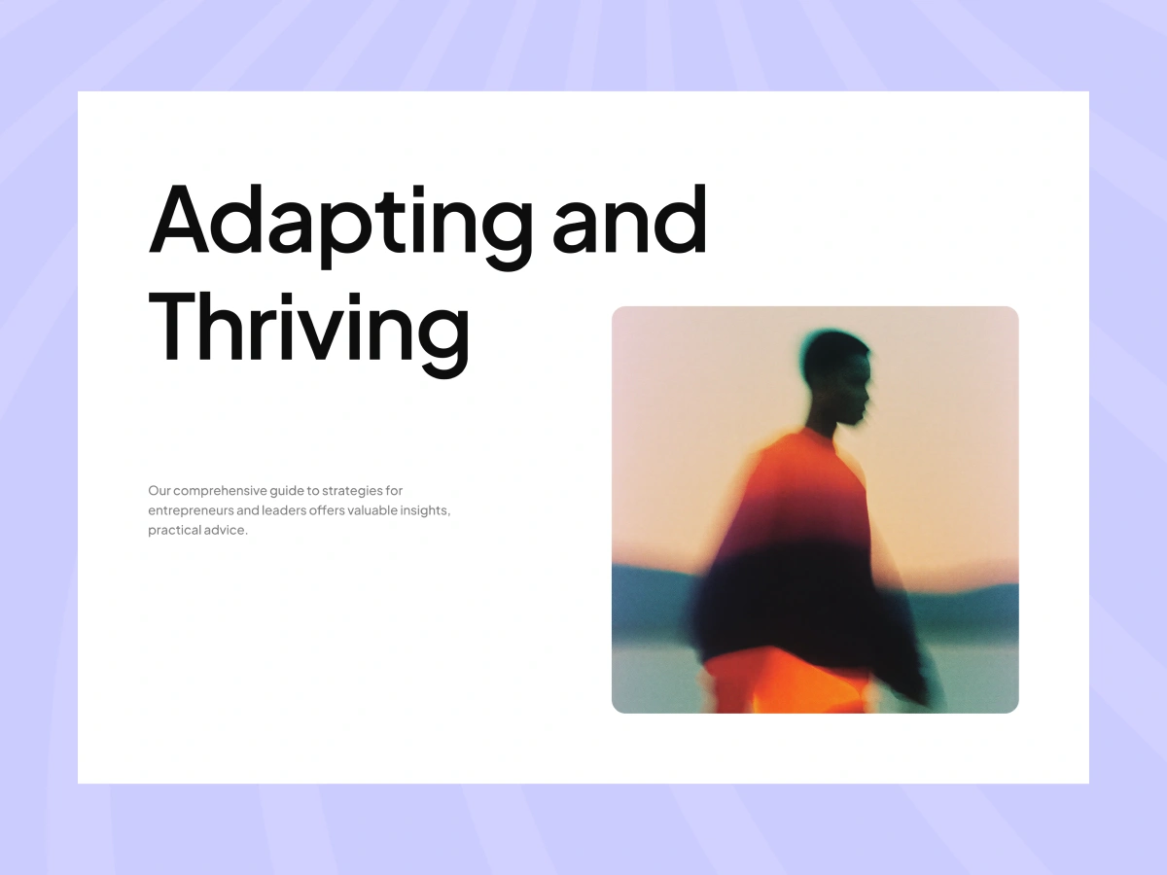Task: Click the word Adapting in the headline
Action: click(x=340, y=226)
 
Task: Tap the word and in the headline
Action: click(x=630, y=218)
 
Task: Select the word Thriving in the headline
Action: click(x=309, y=334)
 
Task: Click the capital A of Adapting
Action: click(x=178, y=219)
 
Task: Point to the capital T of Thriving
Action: click(x=176, y=328)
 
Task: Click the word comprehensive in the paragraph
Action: click(x=220, y=491)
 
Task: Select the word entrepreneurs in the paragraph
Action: click(x=191, y=511)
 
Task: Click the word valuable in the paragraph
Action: click(x=372, y=510)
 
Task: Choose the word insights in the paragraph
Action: click(x=425, y=511)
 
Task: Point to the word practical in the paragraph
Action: click(x=174, y=530)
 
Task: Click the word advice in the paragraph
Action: click(x=226, y=530)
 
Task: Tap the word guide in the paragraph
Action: click(x=287, y=491)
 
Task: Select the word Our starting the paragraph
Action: click(x=159, y=490)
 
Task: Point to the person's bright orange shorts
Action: click(x=787, y=682)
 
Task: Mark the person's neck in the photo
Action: click(x=822, y=422)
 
